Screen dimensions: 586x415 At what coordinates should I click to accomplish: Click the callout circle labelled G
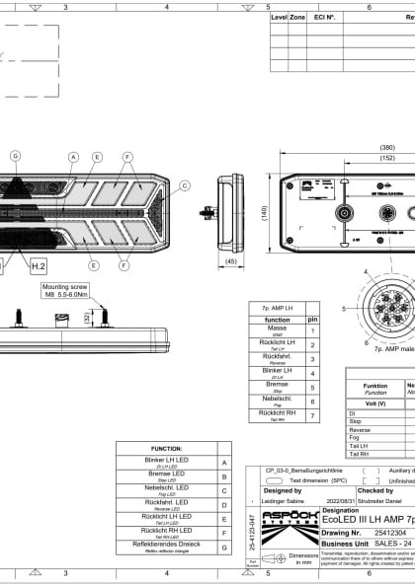click(x=15, y=156)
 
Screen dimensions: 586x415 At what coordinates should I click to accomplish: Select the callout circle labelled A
click(x=73, y=156)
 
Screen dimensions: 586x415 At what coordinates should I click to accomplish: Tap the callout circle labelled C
click(x=183, y=184)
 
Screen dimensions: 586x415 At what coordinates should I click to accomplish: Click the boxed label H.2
click(x=38, y=266)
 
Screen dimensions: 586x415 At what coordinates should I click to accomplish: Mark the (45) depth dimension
click(x=231, y=261)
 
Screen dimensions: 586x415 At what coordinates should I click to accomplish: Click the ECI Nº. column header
click(x=324, y=18)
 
